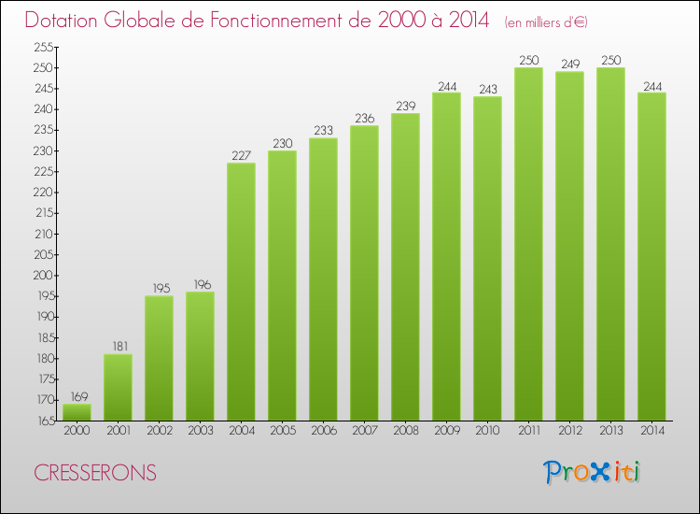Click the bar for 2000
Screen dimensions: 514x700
[77, 411]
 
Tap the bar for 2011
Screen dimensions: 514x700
[528, 244]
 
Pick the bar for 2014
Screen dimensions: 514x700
[651, 256]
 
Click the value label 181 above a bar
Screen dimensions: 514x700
[118, 347]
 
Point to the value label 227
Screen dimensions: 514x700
[241, 155]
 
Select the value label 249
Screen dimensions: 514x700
[569, 64]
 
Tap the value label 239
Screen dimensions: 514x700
[405, 106]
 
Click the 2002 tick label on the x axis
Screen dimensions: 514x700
[159, 432]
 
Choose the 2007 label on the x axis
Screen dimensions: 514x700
[364, 432]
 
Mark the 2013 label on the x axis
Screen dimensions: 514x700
[610, 432]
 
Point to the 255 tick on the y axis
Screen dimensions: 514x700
[44, 47]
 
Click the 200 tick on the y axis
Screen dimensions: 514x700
[44, 275]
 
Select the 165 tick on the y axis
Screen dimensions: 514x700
[44, 421]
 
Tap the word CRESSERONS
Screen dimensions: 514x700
[95, 473]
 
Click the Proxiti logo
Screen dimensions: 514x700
[592, 472]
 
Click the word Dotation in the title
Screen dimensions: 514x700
[67, 21]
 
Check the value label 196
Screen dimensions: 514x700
[200, 284]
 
